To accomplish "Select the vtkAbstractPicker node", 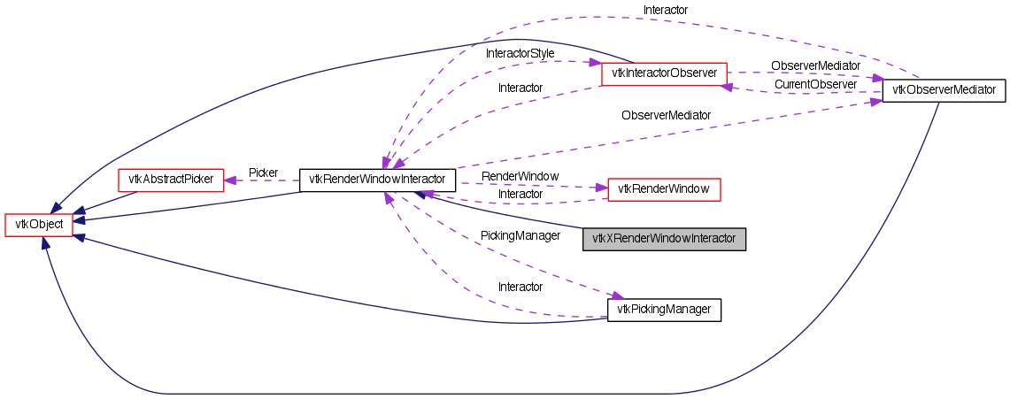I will pos(171,180).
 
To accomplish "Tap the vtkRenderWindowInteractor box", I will pos(377,180).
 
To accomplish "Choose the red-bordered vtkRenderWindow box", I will pos(664,188).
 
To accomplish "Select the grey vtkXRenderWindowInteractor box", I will pos(664,239).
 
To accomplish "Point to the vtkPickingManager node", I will pos(664,310).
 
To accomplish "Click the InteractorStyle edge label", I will pos(520,54).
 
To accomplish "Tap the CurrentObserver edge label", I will pos(815,84).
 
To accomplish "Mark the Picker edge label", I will pos(263,173).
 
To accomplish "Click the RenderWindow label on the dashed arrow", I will pos(520,177).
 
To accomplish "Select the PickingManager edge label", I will pos(520,236).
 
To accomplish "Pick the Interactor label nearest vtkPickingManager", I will pos(520,287).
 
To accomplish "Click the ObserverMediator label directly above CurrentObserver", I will pos(815,65).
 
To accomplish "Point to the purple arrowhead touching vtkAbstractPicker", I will pos(228,180).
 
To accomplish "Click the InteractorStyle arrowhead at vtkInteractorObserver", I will pos(595,63).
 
